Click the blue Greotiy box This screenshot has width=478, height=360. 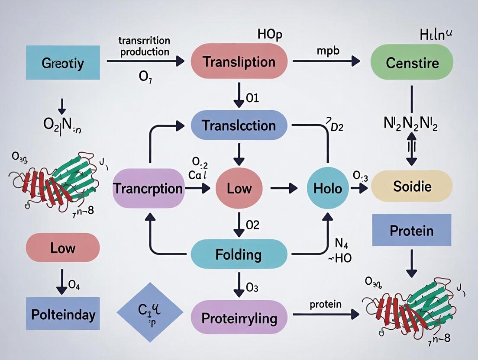(x=63, y=63)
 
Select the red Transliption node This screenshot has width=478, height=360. (x=239, y=61)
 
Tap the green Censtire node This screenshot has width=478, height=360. (x=412, y=63)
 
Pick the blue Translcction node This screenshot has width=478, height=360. (x=239, y=125)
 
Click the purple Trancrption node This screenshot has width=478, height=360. (x=148, y=188)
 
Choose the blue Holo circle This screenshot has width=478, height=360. (x=327, y=188)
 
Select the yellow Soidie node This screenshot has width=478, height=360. (x=412, y=186)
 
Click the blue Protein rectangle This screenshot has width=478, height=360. (x=411, y=230)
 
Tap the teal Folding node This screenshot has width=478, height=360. (x=239, y=254)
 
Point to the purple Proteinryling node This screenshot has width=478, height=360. (x=239, y=318)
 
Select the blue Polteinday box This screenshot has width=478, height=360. (x=63, y=314)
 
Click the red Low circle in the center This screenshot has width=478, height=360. (x=239, y=188)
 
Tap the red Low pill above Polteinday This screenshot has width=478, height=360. (x=63, y=248)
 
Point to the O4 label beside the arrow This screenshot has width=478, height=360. (x=74, y=285)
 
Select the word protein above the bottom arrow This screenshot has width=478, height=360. (x=326, y=304)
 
